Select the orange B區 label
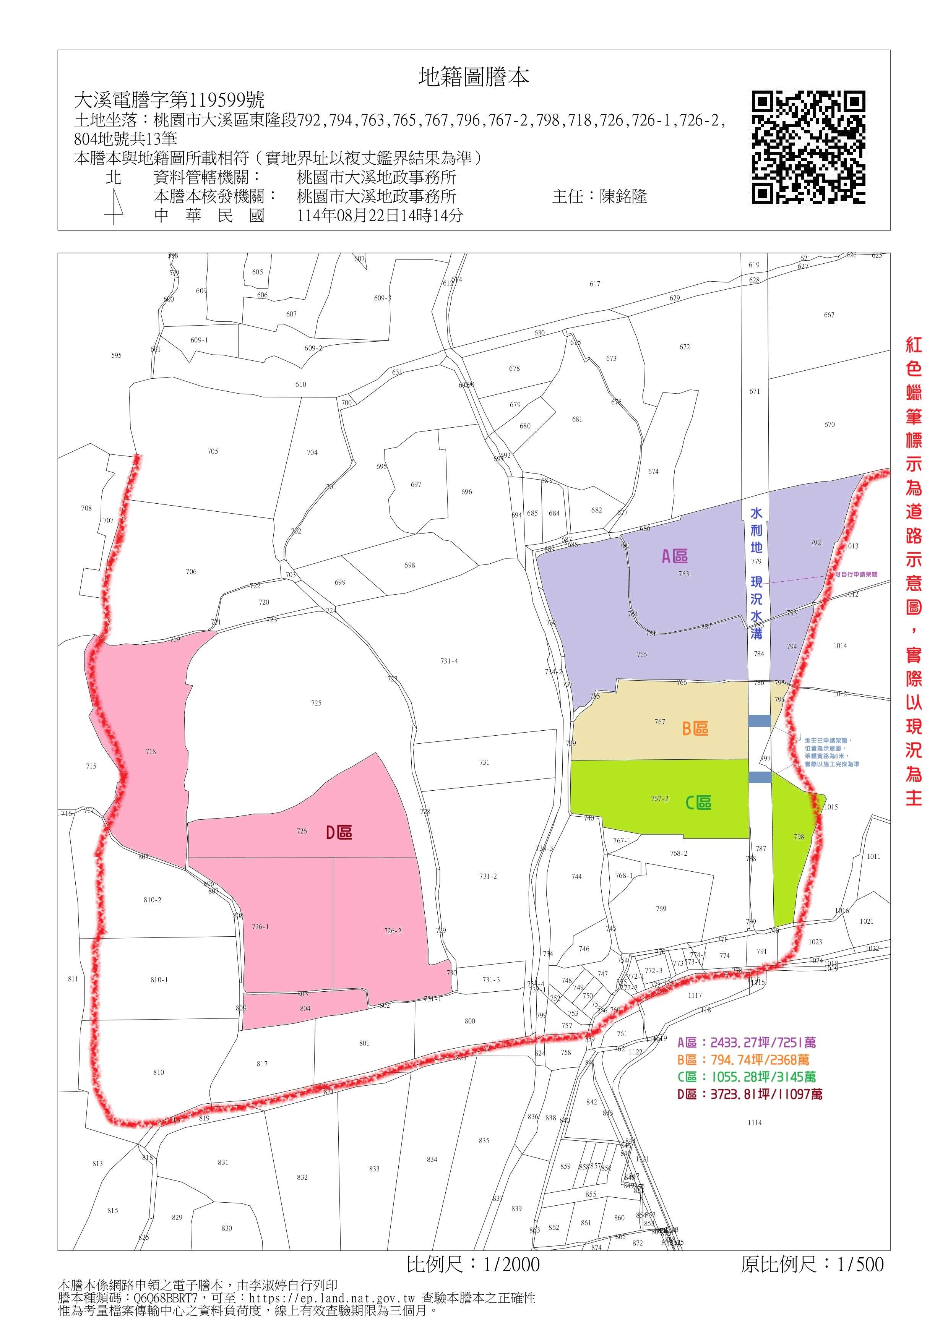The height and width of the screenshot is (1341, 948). tap(695, 728)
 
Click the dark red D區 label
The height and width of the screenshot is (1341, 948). tap(339, 832)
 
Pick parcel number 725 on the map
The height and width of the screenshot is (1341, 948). tap(316, 703)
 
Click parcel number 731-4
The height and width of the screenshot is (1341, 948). tap(449, 661)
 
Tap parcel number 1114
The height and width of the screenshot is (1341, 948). tap(754, 1122)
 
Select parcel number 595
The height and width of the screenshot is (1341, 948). tap(116, 355)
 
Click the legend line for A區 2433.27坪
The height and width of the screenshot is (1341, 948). tap(747, 1043)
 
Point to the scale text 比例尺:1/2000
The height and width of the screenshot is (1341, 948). tap(473, 1265)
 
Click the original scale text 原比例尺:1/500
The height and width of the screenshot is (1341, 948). tap(812, 1265)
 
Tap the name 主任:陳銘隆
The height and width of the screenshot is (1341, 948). tap(599, 196)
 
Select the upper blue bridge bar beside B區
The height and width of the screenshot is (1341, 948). tap(759, 721)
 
